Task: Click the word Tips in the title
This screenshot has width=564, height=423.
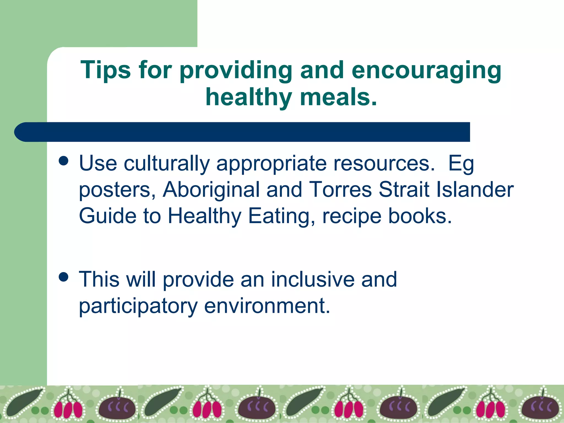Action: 105,70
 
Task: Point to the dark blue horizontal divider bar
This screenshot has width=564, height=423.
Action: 242,132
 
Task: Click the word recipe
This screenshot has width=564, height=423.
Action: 352,216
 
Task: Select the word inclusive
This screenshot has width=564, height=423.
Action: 313,279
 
